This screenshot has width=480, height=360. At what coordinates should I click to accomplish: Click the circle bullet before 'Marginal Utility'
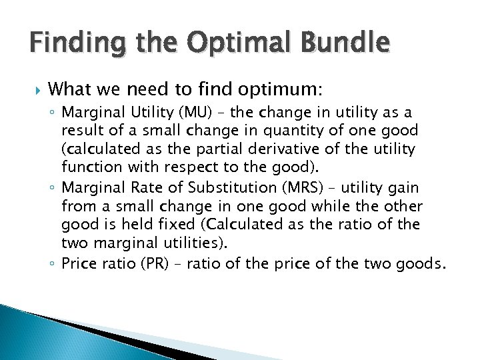tap(71, 111)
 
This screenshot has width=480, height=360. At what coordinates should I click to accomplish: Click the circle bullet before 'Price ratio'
tap(71, 265)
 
